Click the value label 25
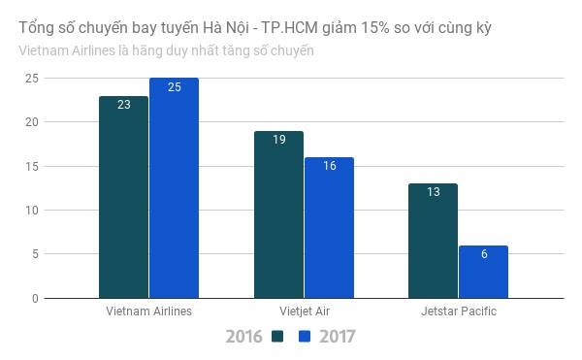pos(174,86)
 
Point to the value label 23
pos(124,104)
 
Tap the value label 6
pos(483,253)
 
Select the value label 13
pos(434,191)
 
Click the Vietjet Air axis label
pos(304,311)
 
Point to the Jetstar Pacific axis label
pos(459,311)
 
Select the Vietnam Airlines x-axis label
pos(148,311)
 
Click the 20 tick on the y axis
pos(32,122)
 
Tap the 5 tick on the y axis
pos(35,254)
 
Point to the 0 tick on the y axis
pos(35,299)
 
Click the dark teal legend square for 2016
pos(278,338)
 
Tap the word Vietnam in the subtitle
pos(42,50)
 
